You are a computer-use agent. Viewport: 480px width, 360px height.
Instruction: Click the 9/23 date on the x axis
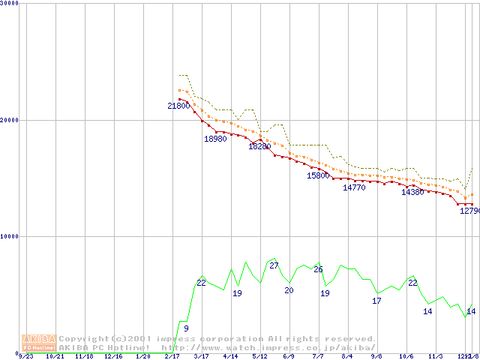click(x=26, y=356)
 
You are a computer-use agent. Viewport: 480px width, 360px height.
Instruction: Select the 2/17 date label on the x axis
click(x=172, y=356)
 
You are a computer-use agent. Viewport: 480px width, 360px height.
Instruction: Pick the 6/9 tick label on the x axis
click(x=289, y=356)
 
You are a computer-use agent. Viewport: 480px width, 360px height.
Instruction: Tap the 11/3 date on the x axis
click(x=435, y=356)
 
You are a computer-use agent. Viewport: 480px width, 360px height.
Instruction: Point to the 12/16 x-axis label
click(x=112, y=356)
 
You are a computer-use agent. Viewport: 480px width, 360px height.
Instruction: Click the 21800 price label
click(x=178, y=106)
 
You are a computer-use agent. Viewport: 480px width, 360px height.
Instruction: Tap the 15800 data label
click(x=318, y=175)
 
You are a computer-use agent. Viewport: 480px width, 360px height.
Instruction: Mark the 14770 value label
click(x=354, y=188)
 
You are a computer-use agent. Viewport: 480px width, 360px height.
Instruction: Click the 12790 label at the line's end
click(x=469, y=211)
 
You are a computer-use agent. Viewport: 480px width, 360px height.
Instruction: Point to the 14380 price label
click(x=412, y=192)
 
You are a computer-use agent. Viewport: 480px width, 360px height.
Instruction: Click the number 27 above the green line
click(x=274, y=265)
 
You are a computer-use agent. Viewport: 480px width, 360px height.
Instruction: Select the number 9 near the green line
click(x=186, y=328)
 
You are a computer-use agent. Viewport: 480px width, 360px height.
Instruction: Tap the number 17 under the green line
click(x=376, y=301)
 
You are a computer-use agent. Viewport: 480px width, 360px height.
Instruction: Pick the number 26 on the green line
click(x=318, y=269)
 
